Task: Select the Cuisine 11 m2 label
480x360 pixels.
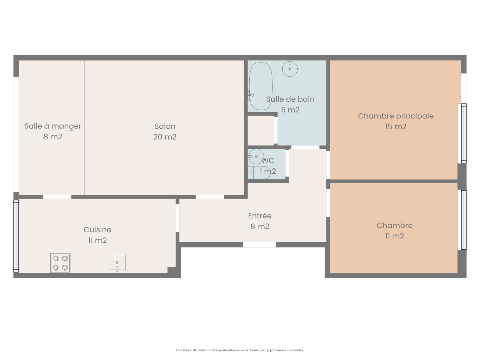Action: (x=97, y=235)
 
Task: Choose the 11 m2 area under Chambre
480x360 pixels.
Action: (x=394, y=236)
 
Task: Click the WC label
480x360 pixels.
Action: (x=268, y=161)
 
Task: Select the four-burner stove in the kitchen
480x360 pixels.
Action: (x=60, y=263)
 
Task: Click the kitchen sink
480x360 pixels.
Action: (x=117, y=262)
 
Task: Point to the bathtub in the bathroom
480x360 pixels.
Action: (x=261, y=86)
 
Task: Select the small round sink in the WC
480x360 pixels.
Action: (x=256, y=157)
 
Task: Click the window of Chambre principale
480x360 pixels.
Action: (x=463, y=133)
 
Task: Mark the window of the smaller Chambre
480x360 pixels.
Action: (x=463, y=220)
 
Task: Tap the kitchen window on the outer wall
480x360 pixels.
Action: (x=16, y=236)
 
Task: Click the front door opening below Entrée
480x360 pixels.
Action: (x=259, y=244)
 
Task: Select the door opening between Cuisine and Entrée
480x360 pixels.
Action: (x=177, y=218)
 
